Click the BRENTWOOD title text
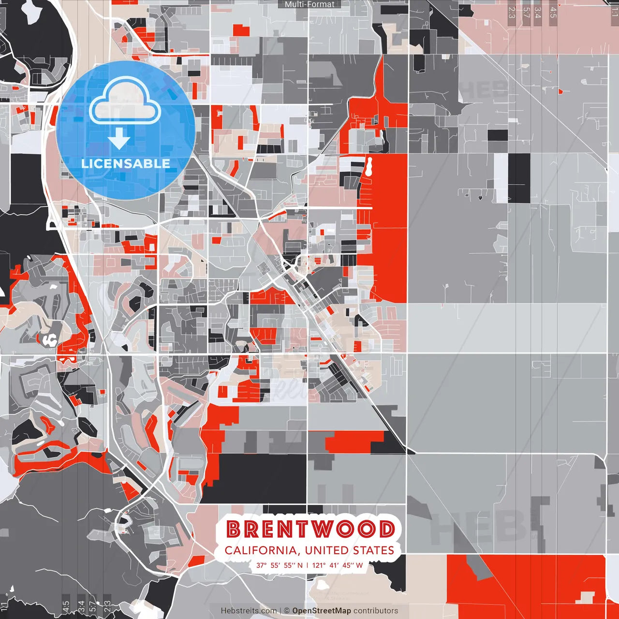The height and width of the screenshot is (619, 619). point(310,529)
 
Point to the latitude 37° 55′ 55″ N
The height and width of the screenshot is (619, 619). point(280,565)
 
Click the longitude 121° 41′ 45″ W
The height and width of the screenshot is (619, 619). point(338,565)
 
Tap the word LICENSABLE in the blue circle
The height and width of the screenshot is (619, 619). point(125,163)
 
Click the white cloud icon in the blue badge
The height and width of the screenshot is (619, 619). point(125,103)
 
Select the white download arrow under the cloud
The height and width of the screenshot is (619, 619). point(119,139)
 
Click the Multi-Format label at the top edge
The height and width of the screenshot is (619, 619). point(309,4)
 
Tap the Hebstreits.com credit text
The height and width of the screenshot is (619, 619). point(249,611)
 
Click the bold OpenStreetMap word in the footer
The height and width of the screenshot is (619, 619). point(322,611)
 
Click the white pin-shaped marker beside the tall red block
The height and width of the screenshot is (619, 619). point(369,166)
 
